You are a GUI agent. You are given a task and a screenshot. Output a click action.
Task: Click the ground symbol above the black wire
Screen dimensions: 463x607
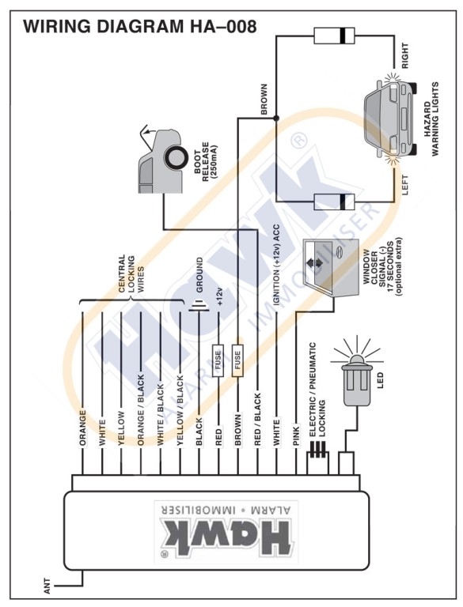(x=199, y=307)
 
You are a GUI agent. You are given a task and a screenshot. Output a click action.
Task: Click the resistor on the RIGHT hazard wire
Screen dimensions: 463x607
(x=334, y=36)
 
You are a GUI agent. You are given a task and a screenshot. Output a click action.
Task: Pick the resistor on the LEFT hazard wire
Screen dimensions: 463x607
(x=334, y=202)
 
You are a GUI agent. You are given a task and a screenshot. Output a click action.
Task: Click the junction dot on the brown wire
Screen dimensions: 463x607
(x=276, y=118)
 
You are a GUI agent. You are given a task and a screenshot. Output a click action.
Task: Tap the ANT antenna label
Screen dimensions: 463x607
(x=47, y=586)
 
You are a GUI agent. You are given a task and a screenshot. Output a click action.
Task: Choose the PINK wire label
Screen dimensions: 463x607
(x=296, y=435)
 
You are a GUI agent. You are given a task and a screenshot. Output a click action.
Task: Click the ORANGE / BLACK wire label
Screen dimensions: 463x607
(x=140, y=410)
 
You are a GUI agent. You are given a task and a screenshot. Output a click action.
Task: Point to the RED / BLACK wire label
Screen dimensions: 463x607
(x=257, y=420)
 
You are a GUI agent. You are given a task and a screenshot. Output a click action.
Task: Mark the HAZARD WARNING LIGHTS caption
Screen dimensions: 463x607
(x=431, y=119)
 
